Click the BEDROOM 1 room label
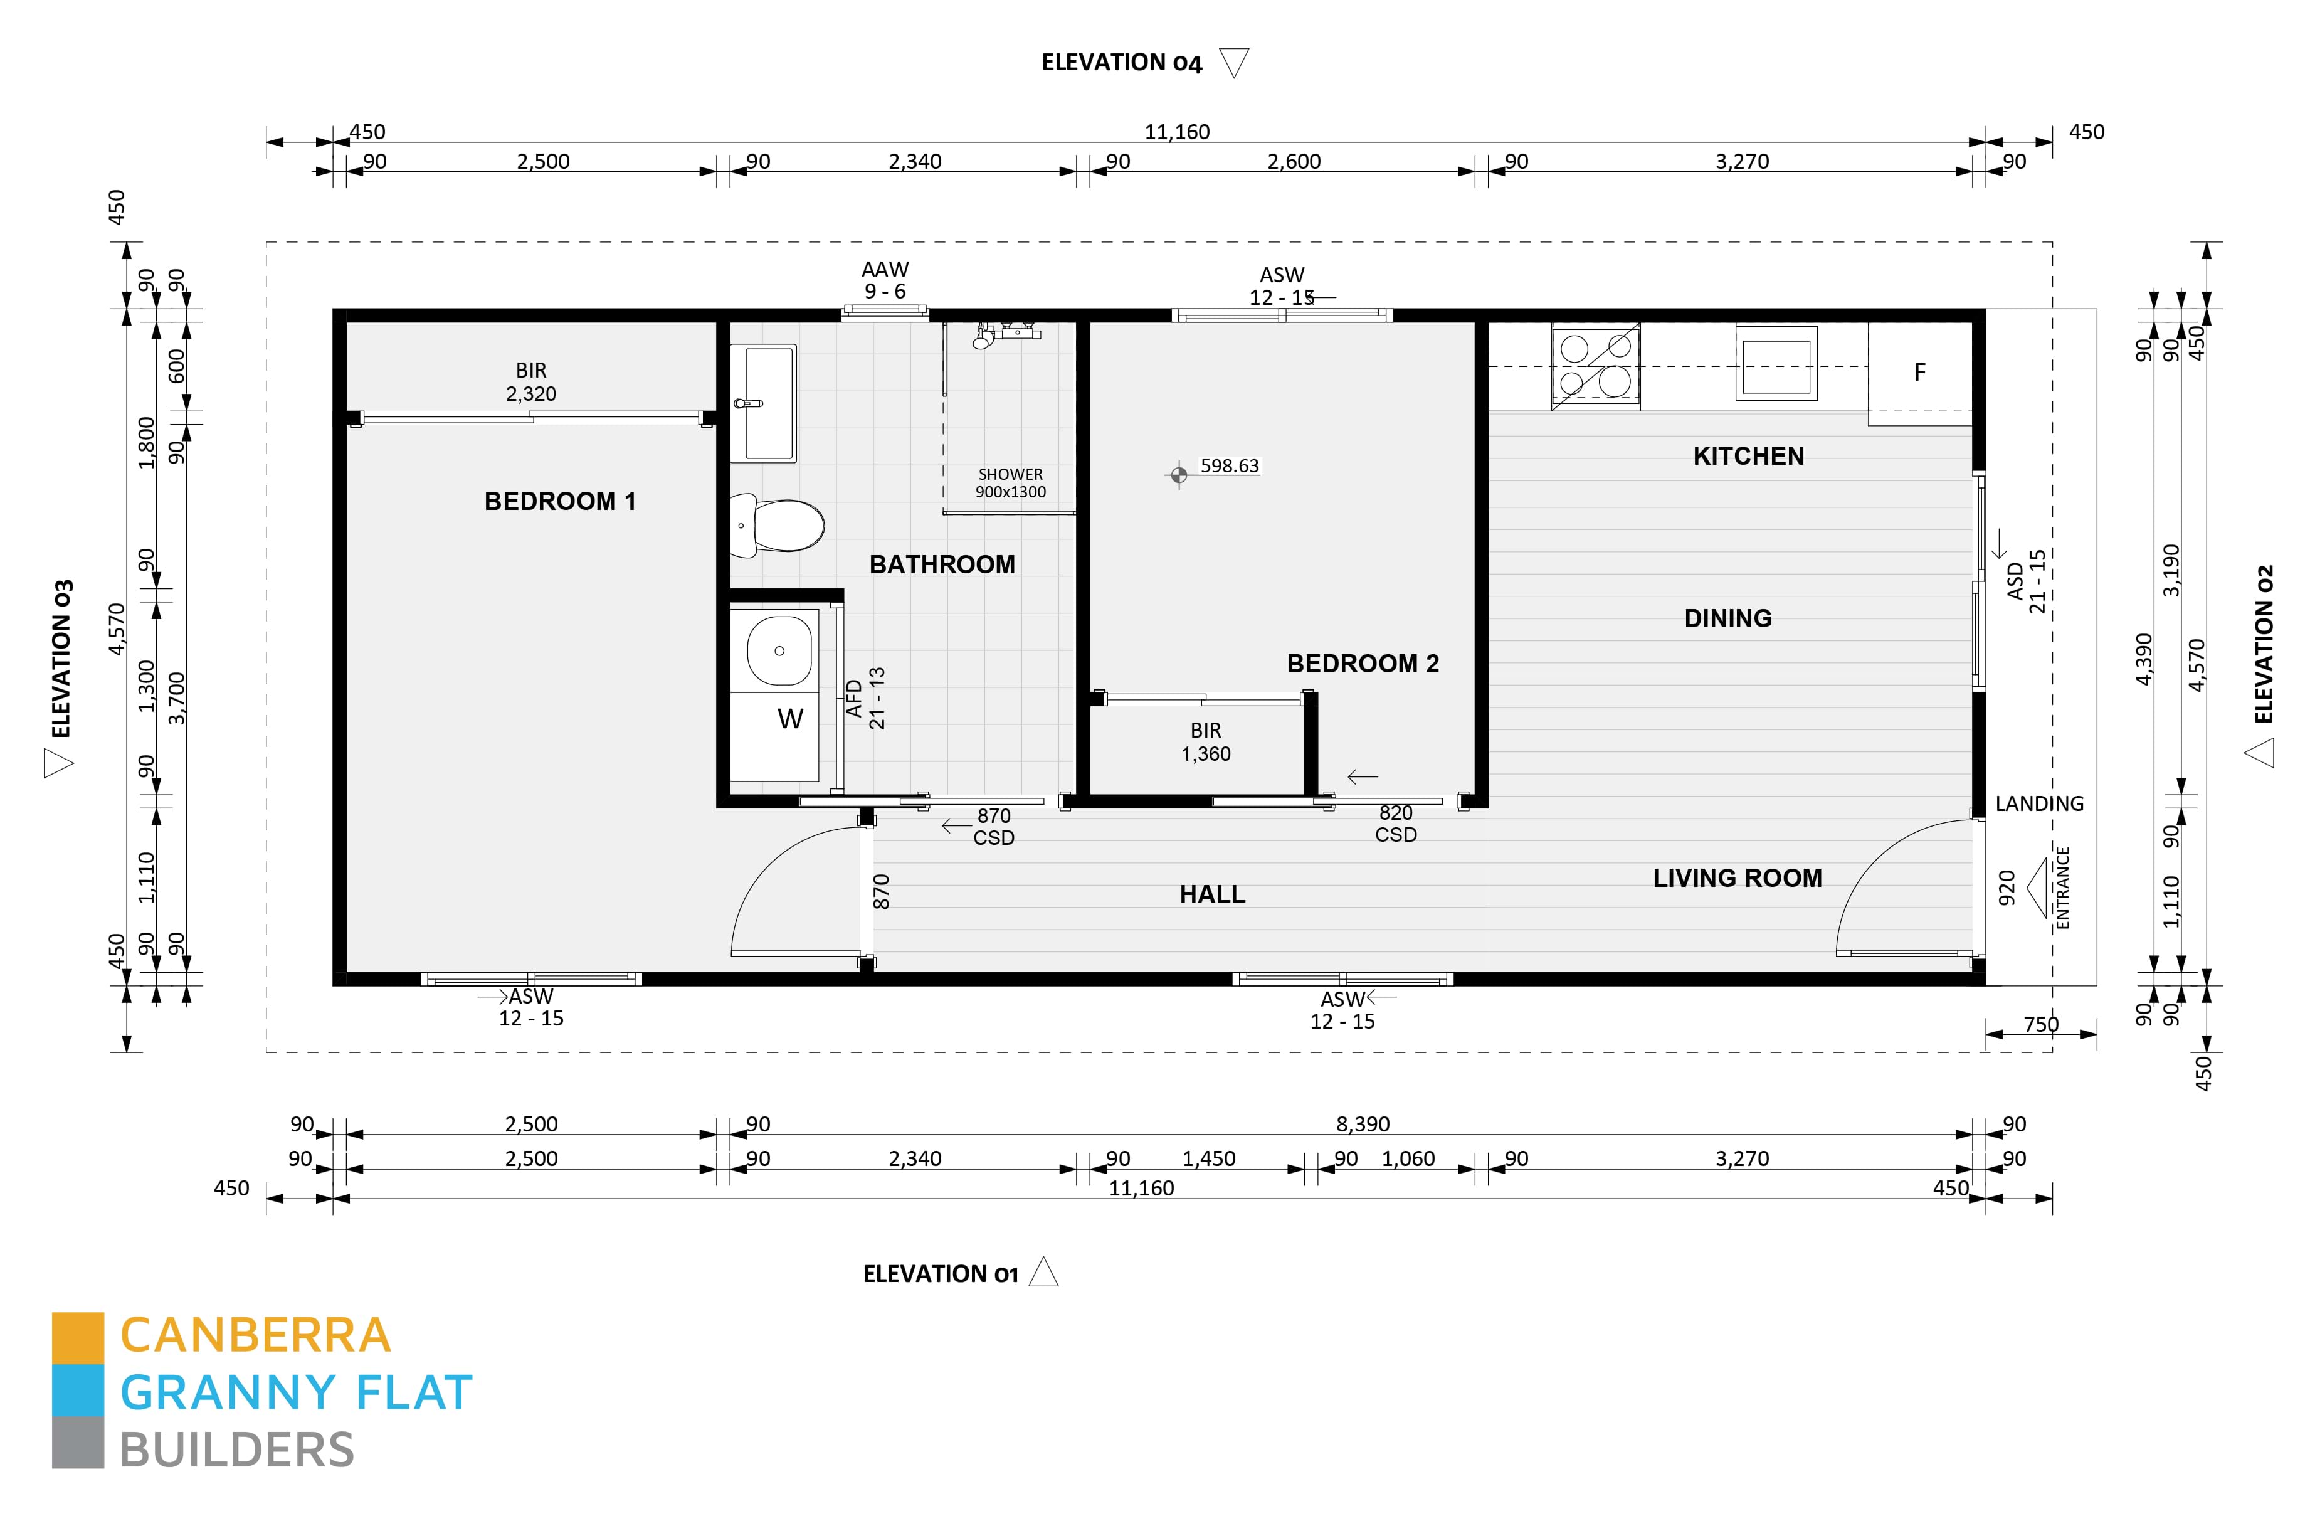tap(560, 501)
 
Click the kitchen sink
tap(1776, 364)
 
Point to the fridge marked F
tap(1920, 373)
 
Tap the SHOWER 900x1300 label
tap(1010, 482)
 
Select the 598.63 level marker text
tap(1230, 466)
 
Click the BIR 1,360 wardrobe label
tap(1205, 741)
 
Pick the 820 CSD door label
tap(1396, 823)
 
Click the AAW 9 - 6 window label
tap(885, 280)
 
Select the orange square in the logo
tap(78, 1338)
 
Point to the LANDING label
tap(2039, 803)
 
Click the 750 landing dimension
tap(2041, 1024)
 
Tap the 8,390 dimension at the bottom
tap(1363, 1124)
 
